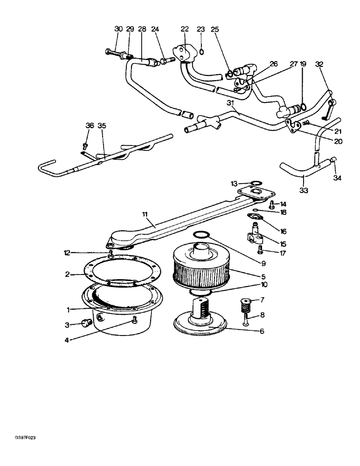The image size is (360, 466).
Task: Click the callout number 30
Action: pyautogui.click(x=118, y=29)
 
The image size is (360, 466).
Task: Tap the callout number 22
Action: pyautogui.click(x=184, y=29)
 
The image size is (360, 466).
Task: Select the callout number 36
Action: pyautogui.click(x=90, y=125)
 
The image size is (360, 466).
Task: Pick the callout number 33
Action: pyautogui.click(x=304, y=190)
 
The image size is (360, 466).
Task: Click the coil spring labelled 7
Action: pyautogui.click(x=244, y=306)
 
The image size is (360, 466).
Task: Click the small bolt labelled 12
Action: pyautogui.click(x=111, y=254)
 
